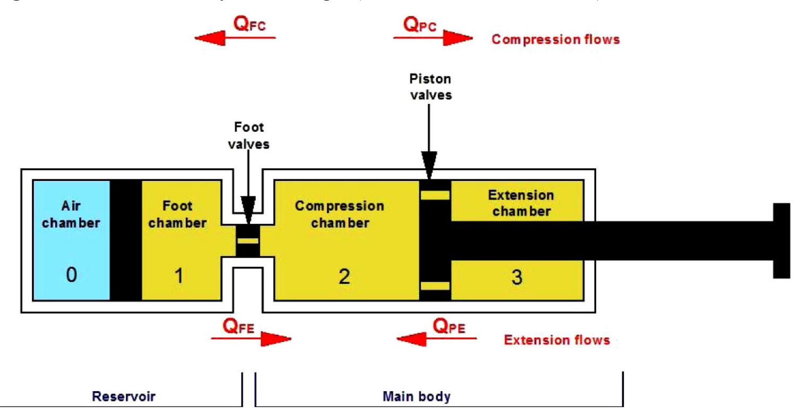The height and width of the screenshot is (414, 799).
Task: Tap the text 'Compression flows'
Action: [x=555, y=39]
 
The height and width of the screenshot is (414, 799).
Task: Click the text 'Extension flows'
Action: [x=557, y=340]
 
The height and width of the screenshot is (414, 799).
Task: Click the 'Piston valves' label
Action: [x=430, y=86]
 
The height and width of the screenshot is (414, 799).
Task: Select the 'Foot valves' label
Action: [x=250, y=135]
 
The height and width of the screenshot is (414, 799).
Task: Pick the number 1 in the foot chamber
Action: [x=179, y=277]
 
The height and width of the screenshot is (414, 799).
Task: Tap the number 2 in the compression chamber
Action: [x=345, y=277]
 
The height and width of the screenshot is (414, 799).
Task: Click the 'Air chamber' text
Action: [x=71, y=215]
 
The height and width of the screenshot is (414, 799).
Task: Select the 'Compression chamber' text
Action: [x=340, y=214]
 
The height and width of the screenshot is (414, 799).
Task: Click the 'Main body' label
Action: [x=416, y=396]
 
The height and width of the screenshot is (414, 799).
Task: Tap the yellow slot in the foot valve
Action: [x=247, y=241]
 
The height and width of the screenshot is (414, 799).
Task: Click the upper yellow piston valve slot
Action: [x=435, y=195]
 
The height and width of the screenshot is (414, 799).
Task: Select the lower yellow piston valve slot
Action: [x=435, y=286]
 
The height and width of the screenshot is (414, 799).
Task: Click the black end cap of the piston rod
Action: [x=781, y=240]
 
